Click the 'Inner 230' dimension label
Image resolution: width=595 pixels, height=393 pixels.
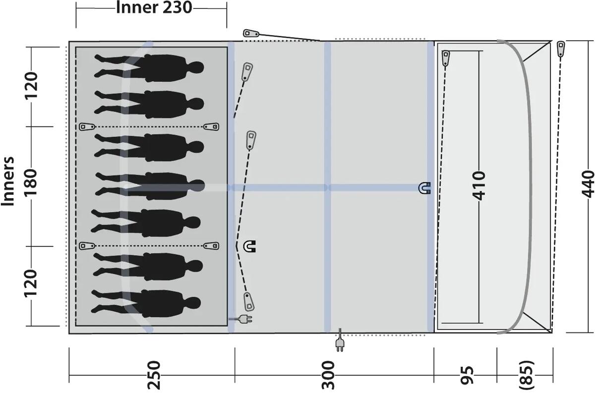[x=154, y=8]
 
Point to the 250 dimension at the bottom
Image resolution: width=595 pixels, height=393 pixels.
[x=154, y=375]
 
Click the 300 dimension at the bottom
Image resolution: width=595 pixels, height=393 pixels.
[x=329, y=375]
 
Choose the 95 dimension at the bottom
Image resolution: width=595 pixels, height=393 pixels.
[x=467, y=375]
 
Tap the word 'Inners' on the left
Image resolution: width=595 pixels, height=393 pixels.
[x=8, y=181]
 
